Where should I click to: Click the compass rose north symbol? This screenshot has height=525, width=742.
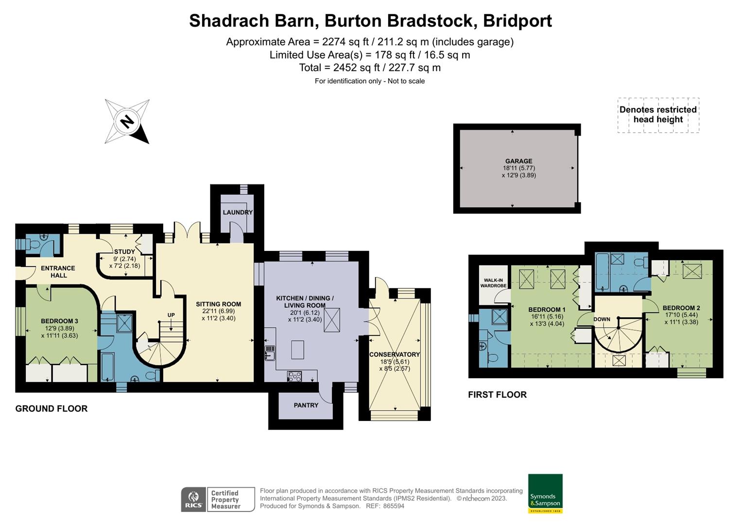click(x=127, y=122)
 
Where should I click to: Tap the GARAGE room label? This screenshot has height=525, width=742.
click(x=518, y=161)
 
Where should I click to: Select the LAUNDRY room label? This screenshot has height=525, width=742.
click(x=238, y=212)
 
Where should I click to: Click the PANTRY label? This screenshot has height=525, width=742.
click(x=306, y=405)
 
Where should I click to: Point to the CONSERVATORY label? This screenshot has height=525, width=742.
click(x=395, y=354)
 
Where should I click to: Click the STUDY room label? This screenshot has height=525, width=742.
click(x=124, y=252)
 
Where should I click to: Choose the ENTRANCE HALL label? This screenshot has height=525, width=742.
click(x=58, y=271)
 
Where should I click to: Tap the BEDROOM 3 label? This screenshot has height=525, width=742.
click(x=59, y=321)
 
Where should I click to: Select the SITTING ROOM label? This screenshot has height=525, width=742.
click(x=218, y=304)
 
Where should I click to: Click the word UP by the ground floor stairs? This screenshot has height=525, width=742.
click(x=171, y=315)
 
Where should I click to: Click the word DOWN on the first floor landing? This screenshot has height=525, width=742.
click(x=602, y=319)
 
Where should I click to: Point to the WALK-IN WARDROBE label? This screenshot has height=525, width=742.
click(x=493, y=283)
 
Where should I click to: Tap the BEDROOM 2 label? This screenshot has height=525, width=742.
click(x=681, y=308)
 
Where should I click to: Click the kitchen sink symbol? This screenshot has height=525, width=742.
click(x=270, y=352)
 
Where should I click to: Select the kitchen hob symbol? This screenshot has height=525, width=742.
click(x=294, y=375)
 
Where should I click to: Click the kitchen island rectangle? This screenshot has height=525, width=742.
click(x=297, y=349)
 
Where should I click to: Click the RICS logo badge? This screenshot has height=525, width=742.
click(x=193, y=499)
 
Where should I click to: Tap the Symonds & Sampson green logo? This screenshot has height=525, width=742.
click(x=545, y=493)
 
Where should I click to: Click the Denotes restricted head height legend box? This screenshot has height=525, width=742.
click(x=658, y=115)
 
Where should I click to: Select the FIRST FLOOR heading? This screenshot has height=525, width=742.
click(x=497, y=395)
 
